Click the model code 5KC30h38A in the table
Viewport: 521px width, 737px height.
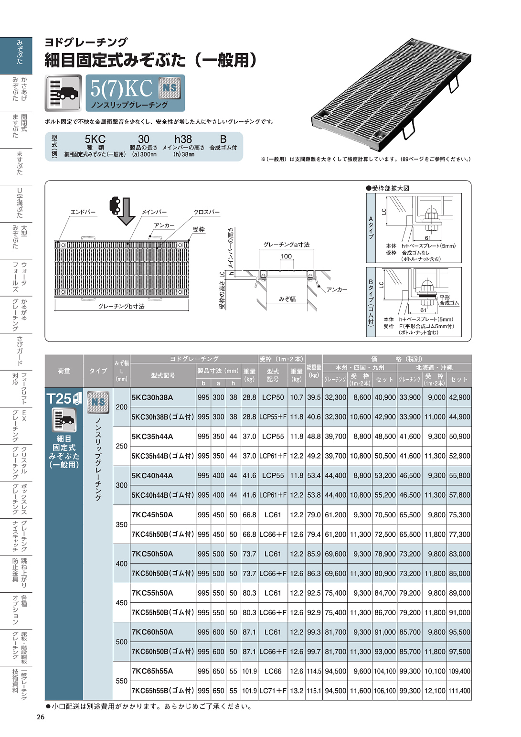pos(152,397)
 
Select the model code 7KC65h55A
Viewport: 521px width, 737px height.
pos(152,671)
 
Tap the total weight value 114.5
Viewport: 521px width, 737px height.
pos(314,671)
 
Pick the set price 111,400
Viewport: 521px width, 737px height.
pos(459,691)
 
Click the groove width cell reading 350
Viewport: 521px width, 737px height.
pos(122,524)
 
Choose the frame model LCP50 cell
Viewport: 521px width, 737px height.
pos(273,397)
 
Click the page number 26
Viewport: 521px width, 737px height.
pos(41,717)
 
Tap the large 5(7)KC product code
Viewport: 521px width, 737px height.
pos(121,88)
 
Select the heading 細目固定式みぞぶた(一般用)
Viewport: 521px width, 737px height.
pos(151,60)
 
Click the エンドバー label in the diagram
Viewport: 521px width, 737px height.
pos(83,212)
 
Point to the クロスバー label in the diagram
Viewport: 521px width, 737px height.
pos(206,212)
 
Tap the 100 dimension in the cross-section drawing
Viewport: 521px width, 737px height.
pos(286,256)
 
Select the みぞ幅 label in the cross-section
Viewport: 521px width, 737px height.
pos(287,299)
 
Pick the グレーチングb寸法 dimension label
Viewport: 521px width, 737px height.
pos(121,306)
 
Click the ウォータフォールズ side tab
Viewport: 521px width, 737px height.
pos(19,278)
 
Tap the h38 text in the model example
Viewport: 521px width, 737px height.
pos(183,139)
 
